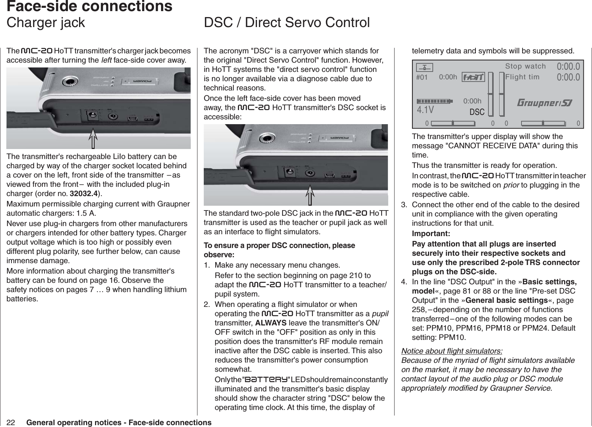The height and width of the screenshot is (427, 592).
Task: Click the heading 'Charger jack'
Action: coord(46,23)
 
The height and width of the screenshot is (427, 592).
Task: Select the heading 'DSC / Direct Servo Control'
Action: coord(287,23)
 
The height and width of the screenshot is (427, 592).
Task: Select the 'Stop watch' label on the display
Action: coord(525,66)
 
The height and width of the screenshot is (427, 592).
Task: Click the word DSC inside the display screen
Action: coord(477,112)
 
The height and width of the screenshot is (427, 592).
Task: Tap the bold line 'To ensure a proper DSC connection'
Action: coord(279,246)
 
